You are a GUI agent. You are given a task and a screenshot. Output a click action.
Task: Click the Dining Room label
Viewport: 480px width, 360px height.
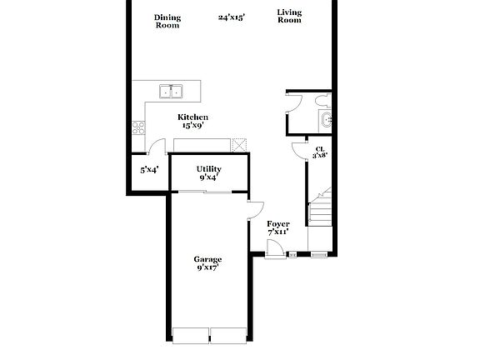[x=167, y=21]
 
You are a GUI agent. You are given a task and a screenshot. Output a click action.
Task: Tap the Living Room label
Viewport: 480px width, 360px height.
[x=289, y=17]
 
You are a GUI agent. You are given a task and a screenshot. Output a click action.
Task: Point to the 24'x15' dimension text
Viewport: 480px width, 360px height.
[x=231, y=17]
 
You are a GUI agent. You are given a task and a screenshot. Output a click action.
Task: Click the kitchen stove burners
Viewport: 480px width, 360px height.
[x=137, y=127]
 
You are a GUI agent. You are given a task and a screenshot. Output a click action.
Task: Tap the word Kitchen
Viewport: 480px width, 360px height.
[x=192, y=117]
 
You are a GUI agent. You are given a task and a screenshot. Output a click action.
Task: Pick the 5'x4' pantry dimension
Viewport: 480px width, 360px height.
[x=148, y=169]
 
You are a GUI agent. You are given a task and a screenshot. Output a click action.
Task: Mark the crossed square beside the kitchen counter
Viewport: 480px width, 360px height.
[x=240, y=143]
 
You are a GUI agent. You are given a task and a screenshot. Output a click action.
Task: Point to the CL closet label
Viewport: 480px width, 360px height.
[x=319, y=149]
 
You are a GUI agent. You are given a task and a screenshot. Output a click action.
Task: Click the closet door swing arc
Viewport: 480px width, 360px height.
[x=297, y=149]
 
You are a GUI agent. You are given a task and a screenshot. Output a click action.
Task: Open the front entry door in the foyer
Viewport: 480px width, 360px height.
[x=273, y=247]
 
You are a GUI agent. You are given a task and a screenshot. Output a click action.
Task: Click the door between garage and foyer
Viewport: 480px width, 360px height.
[x=255, y=211]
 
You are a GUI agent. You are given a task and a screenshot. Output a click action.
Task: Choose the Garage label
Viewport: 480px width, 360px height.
[x=208, y=259]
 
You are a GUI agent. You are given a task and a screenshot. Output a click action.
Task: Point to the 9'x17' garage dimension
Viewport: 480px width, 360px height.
[x=208, y=268]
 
